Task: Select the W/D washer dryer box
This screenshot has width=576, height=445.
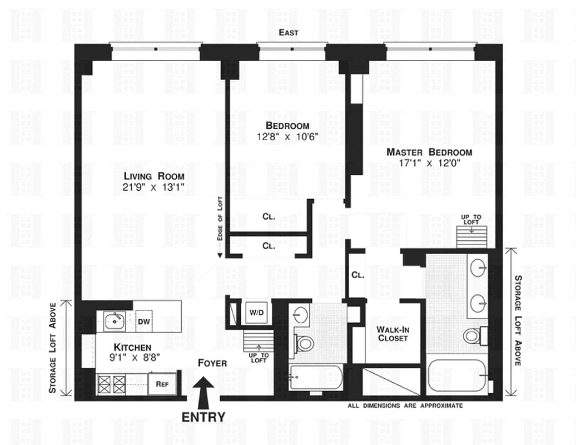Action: pos(256,313)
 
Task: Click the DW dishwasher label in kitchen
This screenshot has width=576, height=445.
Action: pos(144,321)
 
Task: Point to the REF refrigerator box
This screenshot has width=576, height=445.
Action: pos(162,383)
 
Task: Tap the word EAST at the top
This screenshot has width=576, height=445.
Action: pos(289,33)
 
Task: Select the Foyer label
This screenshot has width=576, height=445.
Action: pos(212,363)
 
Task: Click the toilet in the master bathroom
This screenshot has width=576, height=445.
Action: pos(472,335)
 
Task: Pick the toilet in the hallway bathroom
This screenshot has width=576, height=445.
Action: pos(304,343)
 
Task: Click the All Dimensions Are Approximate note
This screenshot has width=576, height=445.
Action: pos(405,406)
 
